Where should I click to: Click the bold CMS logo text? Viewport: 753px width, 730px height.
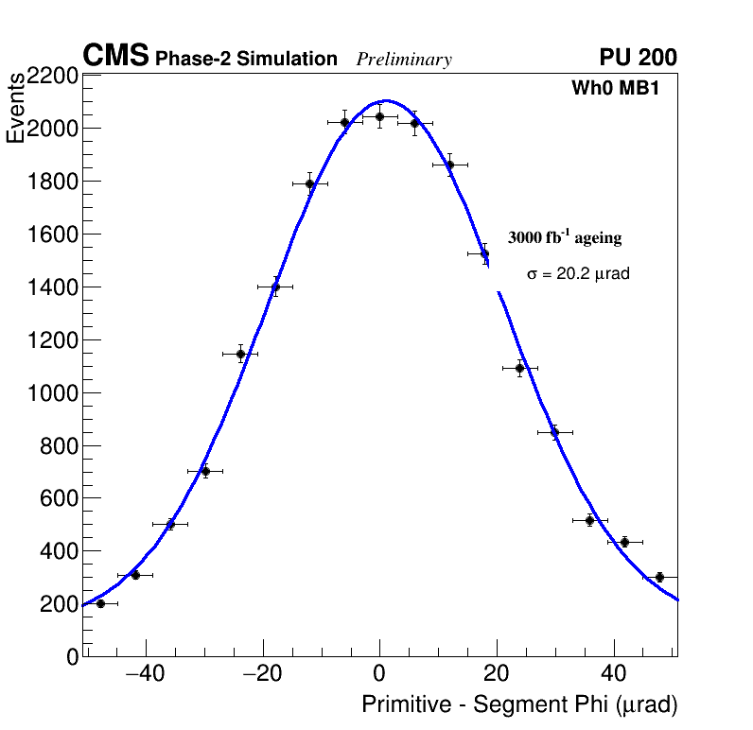(115, 57)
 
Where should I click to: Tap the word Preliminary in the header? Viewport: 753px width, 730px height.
(404, 60)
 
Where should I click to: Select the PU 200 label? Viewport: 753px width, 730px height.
(638, 58)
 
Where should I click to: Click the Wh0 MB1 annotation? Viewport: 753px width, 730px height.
(614, 88)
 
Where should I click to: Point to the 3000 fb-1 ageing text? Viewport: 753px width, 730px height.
(565, 237)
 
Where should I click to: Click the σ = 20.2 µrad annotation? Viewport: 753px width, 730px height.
(578, 273)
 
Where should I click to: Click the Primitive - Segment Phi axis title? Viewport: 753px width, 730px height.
(519, 704)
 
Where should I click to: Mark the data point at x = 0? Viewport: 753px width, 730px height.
(379, 117)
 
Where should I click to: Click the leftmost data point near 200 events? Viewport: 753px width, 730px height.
(100, 603)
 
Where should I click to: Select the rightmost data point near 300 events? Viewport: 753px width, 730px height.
(659, 577)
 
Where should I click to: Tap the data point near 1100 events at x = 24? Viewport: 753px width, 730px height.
(519, 368)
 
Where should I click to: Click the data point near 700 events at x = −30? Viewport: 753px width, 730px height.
(205, 471)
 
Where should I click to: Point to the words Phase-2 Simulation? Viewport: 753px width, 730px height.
(246, 60)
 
